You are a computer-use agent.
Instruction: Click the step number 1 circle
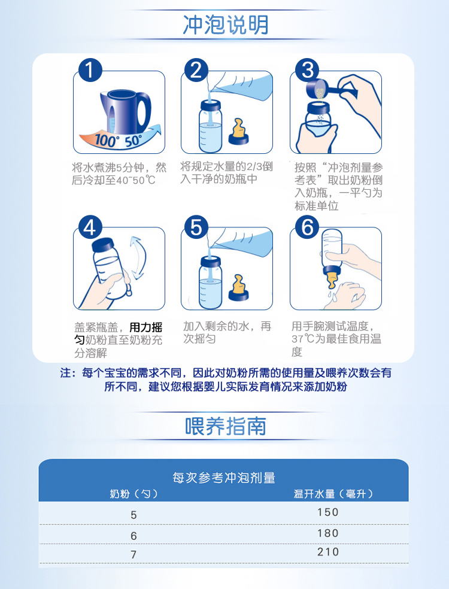coord(90,70)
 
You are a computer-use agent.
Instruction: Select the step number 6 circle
coord(307,227)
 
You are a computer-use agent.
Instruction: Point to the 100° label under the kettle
coord(105,141)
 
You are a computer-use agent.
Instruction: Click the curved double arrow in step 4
coord(138,257)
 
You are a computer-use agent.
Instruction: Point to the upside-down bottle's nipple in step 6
coord(331,280)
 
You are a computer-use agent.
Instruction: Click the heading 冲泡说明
coord(226,25)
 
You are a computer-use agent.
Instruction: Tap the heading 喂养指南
coord(226,426)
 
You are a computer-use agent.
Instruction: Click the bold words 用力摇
coord(146,327)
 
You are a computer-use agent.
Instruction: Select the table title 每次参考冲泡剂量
coord(224,478)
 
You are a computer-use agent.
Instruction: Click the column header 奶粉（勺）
coord(134,494)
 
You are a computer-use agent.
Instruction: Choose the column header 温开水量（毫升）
coord(333,494)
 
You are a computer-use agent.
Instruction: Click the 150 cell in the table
coord(327,512)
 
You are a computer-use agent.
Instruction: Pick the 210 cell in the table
coord(327,552)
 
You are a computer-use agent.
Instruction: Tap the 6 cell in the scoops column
coord(134,536)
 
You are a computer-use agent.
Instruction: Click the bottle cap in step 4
coord(102,244)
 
